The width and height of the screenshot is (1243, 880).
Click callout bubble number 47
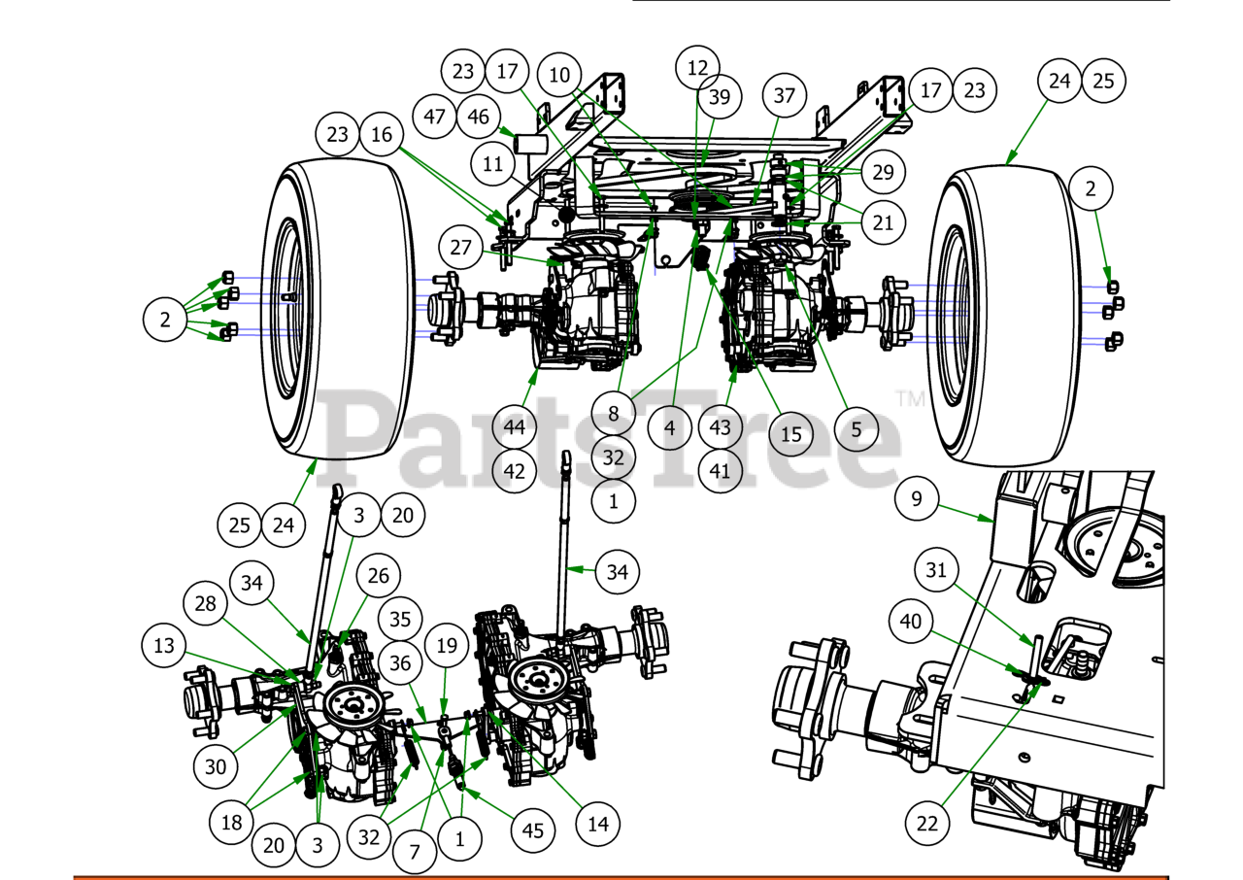point(434,116)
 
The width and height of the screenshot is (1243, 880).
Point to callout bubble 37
point(784,95)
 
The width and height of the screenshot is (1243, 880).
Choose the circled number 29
point(883,173)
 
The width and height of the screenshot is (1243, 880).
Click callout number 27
point(460,247)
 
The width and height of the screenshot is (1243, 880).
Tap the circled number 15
point(791,433)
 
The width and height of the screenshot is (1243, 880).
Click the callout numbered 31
point(935,571)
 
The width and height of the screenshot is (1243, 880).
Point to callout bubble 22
point(927,823)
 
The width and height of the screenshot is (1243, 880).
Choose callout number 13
point(165,645)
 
